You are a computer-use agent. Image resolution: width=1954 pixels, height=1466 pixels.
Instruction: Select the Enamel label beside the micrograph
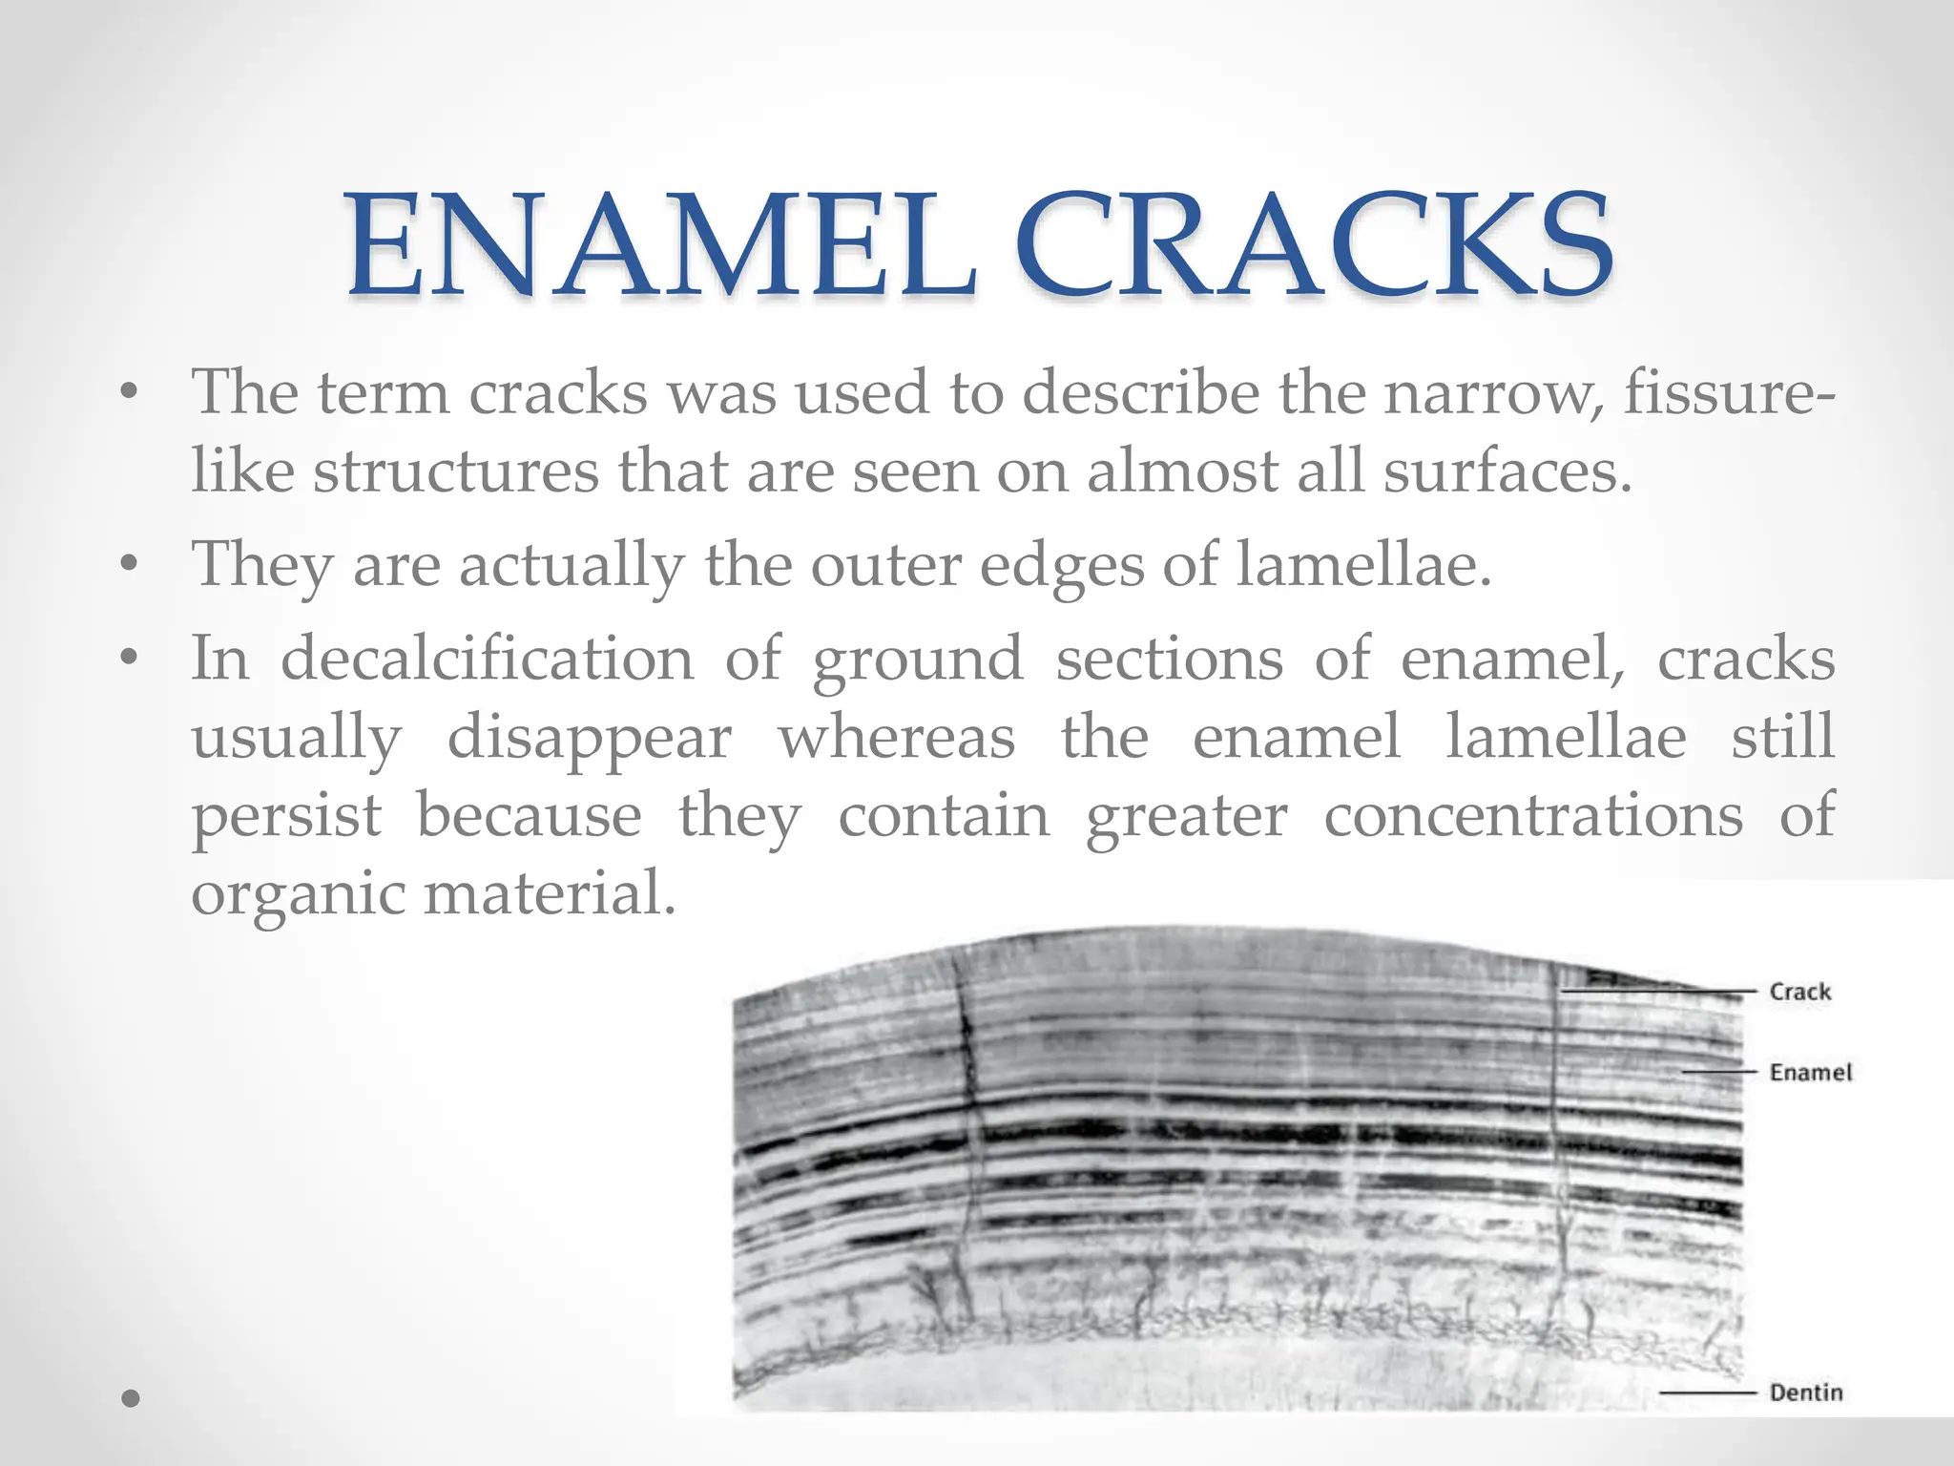click(1810, 1073)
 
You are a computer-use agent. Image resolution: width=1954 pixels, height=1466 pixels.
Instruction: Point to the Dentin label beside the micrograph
click(1805, 1393)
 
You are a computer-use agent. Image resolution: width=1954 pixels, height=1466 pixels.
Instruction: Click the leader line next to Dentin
click(1707, 1393)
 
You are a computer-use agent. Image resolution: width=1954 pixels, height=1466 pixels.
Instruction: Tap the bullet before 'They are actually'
click(130, 565)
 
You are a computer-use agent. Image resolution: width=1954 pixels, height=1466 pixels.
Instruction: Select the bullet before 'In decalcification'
click(130, 659)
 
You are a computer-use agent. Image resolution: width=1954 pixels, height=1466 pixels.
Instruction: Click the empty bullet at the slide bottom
click(131, 1399)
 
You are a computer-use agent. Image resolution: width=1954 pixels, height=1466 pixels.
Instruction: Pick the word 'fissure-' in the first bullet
click(1728, 392)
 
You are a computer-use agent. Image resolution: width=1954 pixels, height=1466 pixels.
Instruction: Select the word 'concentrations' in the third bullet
click(1533, 816)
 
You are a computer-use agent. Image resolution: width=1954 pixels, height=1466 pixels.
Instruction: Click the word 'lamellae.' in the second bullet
click(1363, 565)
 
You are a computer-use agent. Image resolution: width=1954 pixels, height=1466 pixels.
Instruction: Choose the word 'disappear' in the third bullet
click(589, 738)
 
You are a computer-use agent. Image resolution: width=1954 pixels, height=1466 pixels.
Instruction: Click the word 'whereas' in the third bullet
click(896, 738)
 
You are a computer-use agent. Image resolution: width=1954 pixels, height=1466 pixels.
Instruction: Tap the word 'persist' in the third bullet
click(286, 816)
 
